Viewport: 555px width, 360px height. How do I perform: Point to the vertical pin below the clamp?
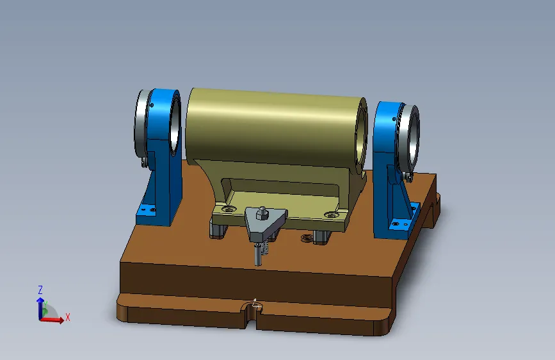click(258, 254)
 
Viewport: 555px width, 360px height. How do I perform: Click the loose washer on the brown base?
click(307, 238)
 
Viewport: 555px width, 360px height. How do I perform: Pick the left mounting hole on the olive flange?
click(229, 209)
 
